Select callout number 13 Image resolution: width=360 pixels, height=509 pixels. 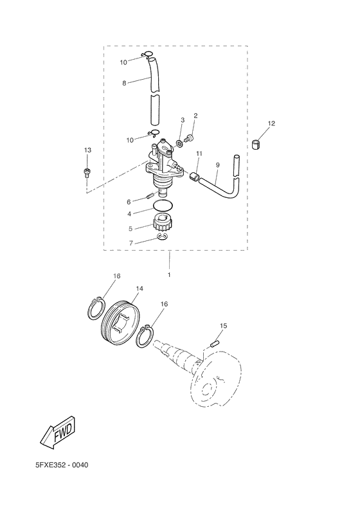click(x=87, y=150)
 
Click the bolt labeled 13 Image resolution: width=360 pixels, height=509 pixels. click(x=87, y=172)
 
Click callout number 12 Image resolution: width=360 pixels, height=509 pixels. click(x=271, y=123)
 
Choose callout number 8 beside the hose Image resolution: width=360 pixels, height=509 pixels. click(x=124, y=82)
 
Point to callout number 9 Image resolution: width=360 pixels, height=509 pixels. click(x=217, y=165)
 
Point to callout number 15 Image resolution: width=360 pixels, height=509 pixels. click(x=222, y=326)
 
